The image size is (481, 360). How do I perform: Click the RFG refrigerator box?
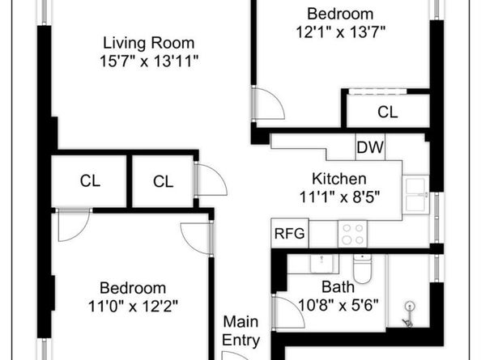pos(289,234)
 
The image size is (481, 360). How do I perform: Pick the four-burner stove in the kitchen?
pos(353,235)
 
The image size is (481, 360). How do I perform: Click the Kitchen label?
pos(339,179)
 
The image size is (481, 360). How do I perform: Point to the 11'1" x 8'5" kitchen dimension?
pos(339,197)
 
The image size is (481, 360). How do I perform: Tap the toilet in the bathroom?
pos(362,269)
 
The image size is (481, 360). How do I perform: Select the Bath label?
pos(338,286)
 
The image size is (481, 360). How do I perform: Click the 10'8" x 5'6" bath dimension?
pos(338,304)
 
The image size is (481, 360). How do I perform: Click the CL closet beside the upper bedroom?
pos(388,112)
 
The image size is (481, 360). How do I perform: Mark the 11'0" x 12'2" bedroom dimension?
pos(133,306)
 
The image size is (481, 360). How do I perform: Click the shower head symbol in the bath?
pos(409,311)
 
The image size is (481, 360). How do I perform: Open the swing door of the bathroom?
pos(287,312)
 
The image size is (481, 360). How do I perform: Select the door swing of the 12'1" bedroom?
pos(267,104)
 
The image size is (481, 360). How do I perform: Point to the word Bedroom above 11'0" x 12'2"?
pos(133,288)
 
